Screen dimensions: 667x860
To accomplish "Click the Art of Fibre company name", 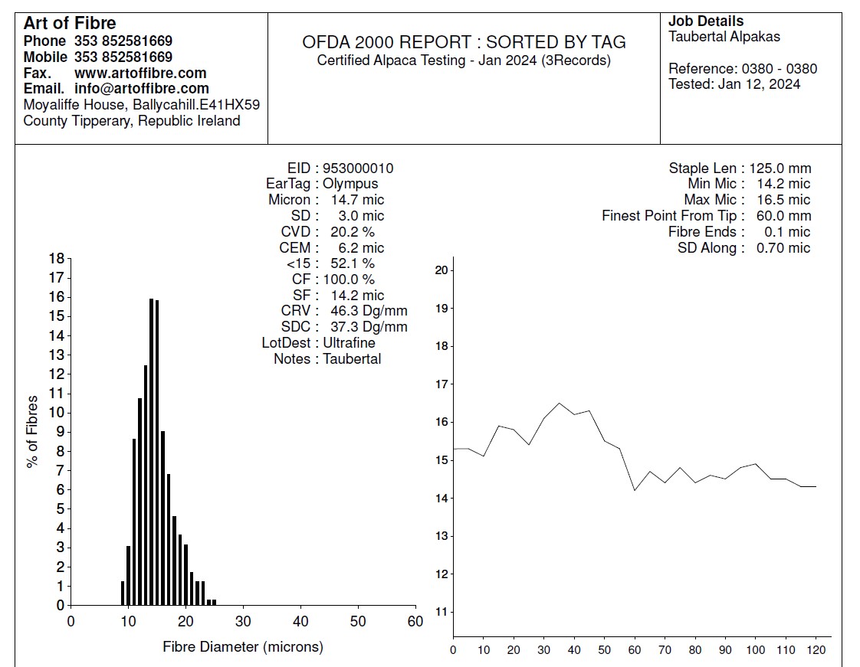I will (70, 23).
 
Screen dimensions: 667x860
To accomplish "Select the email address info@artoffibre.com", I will (142, 89).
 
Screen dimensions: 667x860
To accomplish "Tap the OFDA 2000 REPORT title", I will (464, 43).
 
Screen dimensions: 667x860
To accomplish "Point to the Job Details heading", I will (706, 21).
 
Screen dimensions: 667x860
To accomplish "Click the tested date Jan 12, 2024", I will (759, 84).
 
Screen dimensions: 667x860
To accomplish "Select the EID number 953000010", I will (358, 168).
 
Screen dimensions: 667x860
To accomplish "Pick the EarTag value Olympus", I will (350, 184).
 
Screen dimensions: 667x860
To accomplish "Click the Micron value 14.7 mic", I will (358, 200).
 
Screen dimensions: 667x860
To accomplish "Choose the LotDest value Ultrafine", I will (349, 343).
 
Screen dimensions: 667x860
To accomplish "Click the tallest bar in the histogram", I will (151, 452).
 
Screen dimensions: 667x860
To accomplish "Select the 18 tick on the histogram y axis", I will (56, 259).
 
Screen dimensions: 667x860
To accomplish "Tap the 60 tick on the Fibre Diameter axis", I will (415, 621).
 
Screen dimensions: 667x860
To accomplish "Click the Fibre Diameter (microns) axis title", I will (243, 647).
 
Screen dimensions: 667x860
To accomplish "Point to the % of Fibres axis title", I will (32, 431).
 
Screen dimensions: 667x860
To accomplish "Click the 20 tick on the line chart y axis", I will (440, 270).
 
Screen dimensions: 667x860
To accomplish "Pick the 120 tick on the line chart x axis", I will (816, 651).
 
